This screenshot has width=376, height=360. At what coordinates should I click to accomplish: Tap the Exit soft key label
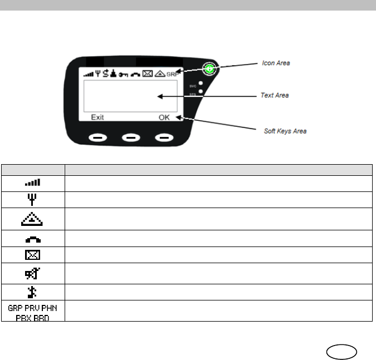tap(98, 118)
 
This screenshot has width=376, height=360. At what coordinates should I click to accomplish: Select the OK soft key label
tap(165, 118)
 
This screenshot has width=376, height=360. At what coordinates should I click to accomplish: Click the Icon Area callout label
tap(276, 63)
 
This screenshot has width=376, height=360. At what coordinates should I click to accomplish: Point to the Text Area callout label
tap(275, 96)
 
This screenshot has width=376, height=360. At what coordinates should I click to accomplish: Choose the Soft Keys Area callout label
tap(285, 131)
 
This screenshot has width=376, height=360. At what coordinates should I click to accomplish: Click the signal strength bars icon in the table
tap(33, 182)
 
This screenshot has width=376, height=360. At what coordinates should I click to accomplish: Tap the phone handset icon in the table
tap(33, 239)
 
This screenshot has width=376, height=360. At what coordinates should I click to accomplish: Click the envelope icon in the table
tap(33, 255)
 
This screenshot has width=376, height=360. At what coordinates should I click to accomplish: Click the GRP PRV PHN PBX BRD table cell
tap(33, 310)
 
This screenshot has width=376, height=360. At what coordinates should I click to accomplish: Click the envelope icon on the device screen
tap(148, 73)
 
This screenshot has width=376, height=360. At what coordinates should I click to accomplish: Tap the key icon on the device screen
tap(123, 74)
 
